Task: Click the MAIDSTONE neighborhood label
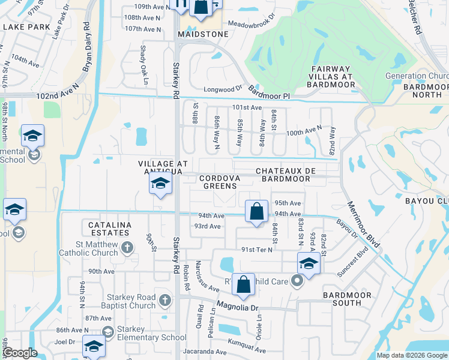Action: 203,34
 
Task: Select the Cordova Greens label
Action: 220,182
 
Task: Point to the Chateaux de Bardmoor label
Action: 286,175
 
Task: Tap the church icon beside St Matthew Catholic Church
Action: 127,247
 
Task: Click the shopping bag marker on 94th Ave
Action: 256,212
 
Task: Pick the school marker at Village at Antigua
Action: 160,184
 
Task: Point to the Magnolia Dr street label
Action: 237,307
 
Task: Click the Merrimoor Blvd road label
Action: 363,225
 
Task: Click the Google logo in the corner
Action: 19,353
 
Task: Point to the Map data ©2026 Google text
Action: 411,355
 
